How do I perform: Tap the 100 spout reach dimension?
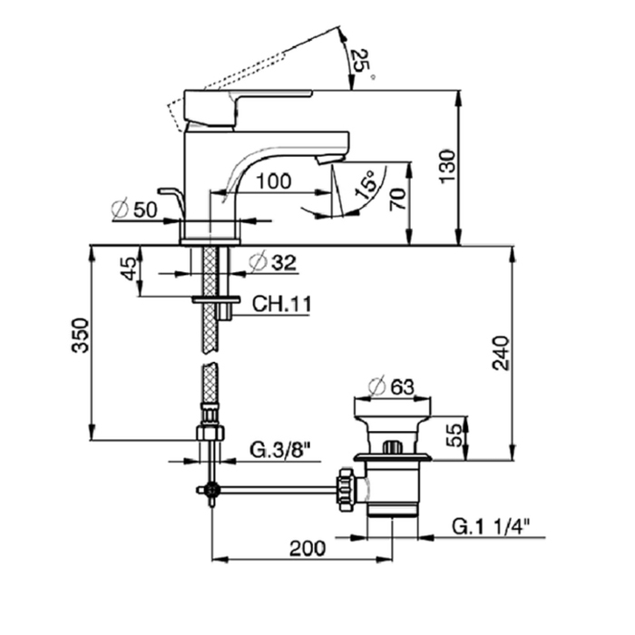273,181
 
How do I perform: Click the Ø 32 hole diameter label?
271,262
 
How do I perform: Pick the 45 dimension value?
129,270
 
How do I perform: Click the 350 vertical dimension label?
81,336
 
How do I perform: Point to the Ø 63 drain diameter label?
391,386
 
